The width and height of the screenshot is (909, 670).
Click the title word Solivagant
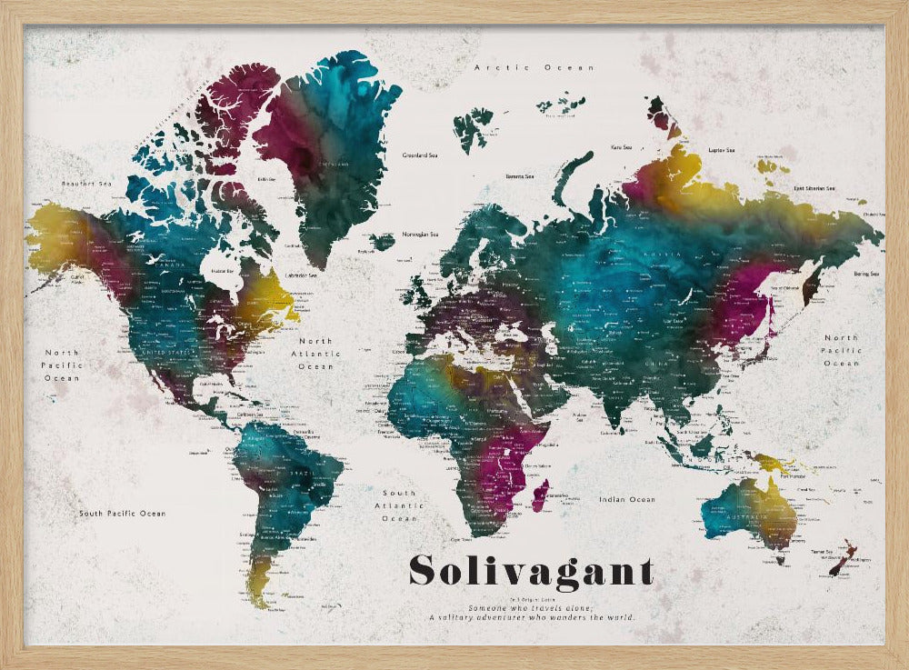tap(531, 571)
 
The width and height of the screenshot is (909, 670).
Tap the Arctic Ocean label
tap(534, 67)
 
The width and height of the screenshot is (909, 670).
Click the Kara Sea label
tap(622, 146)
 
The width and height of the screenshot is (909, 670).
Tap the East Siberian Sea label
tap(814, 188)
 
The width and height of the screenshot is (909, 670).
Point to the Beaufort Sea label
tap(86, 184)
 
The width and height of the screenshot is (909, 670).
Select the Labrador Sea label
tap(301, 275)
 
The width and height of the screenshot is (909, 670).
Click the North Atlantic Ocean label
tap(315, 354)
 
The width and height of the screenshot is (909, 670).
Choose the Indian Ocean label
tap(628, 499)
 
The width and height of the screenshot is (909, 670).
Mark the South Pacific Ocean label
tap(122, 514)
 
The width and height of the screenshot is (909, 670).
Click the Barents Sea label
tap(520, 176)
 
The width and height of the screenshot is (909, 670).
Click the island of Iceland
tap(383, 242)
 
